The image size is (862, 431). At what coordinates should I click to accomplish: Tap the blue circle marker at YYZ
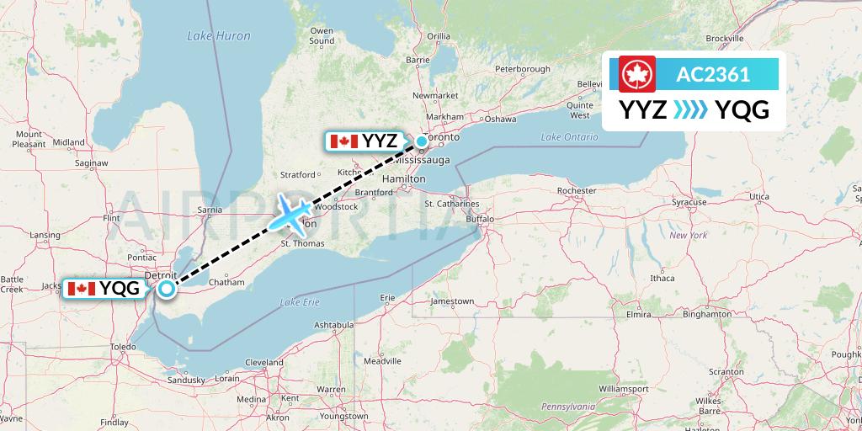click(422, 141)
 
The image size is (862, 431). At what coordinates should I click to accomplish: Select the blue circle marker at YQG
click(167, 290)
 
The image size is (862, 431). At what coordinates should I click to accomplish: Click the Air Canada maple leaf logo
click(637, 75)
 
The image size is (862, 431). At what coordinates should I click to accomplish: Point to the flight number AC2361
click(713, 75)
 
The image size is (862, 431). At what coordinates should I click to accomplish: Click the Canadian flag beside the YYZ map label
click(344, 141)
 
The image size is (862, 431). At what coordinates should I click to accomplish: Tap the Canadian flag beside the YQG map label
click(82, 289)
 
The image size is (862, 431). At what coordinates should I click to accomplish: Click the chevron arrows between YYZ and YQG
click(691, 110)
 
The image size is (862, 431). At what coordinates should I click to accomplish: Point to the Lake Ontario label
click(562, 137)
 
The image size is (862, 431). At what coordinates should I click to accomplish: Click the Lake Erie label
click(301, 302)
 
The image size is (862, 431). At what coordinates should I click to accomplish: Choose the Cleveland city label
click(264, 362)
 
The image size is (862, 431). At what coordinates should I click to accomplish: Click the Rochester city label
click(577, 191)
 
